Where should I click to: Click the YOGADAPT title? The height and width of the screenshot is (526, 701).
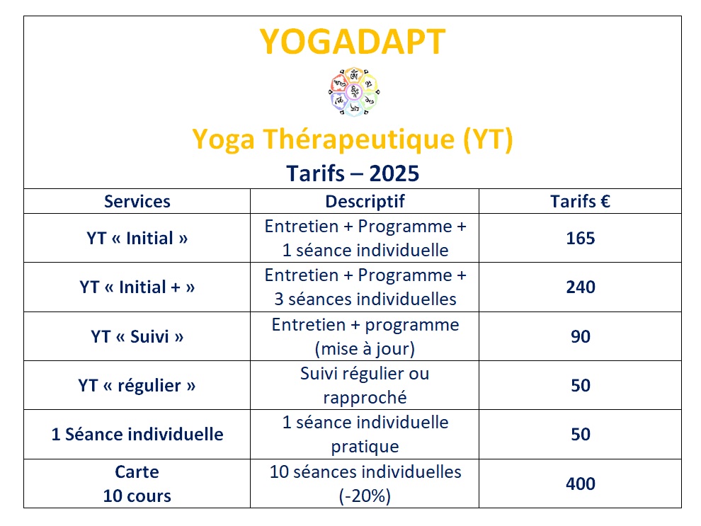pos(353,42)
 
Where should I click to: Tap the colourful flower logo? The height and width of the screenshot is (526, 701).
pos(353,92)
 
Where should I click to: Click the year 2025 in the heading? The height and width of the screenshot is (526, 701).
pos(394,173)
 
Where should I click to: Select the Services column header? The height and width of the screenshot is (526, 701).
pos(137,202)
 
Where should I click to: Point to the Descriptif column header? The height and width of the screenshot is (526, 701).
pos(365,202)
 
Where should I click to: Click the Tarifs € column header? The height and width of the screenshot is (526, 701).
pos(581,202)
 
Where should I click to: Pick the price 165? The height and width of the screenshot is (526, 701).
pos(581,238)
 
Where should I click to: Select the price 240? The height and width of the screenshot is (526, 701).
pos(581,287)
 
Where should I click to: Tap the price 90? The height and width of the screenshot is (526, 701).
pos(581,336)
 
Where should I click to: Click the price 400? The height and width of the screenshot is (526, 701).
pos(581,484)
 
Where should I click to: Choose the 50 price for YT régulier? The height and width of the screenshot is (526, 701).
pos(581,385)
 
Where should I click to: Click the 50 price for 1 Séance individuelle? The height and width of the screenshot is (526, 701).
pos(581,435)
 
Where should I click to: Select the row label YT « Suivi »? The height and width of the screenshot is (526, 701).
pos(137,336)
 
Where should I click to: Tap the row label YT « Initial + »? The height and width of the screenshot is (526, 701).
pos(137,287)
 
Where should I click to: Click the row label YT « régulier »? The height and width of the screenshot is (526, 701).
pos(137,386)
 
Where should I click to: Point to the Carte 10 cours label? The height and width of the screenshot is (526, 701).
pos(137,484)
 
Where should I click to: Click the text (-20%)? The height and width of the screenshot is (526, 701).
pos(365,496)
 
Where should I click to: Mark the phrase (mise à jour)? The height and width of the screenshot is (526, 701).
pos(365,349)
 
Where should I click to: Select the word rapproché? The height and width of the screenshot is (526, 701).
pos(365,398)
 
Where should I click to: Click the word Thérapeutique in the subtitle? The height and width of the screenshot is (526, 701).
pos(360,139)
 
